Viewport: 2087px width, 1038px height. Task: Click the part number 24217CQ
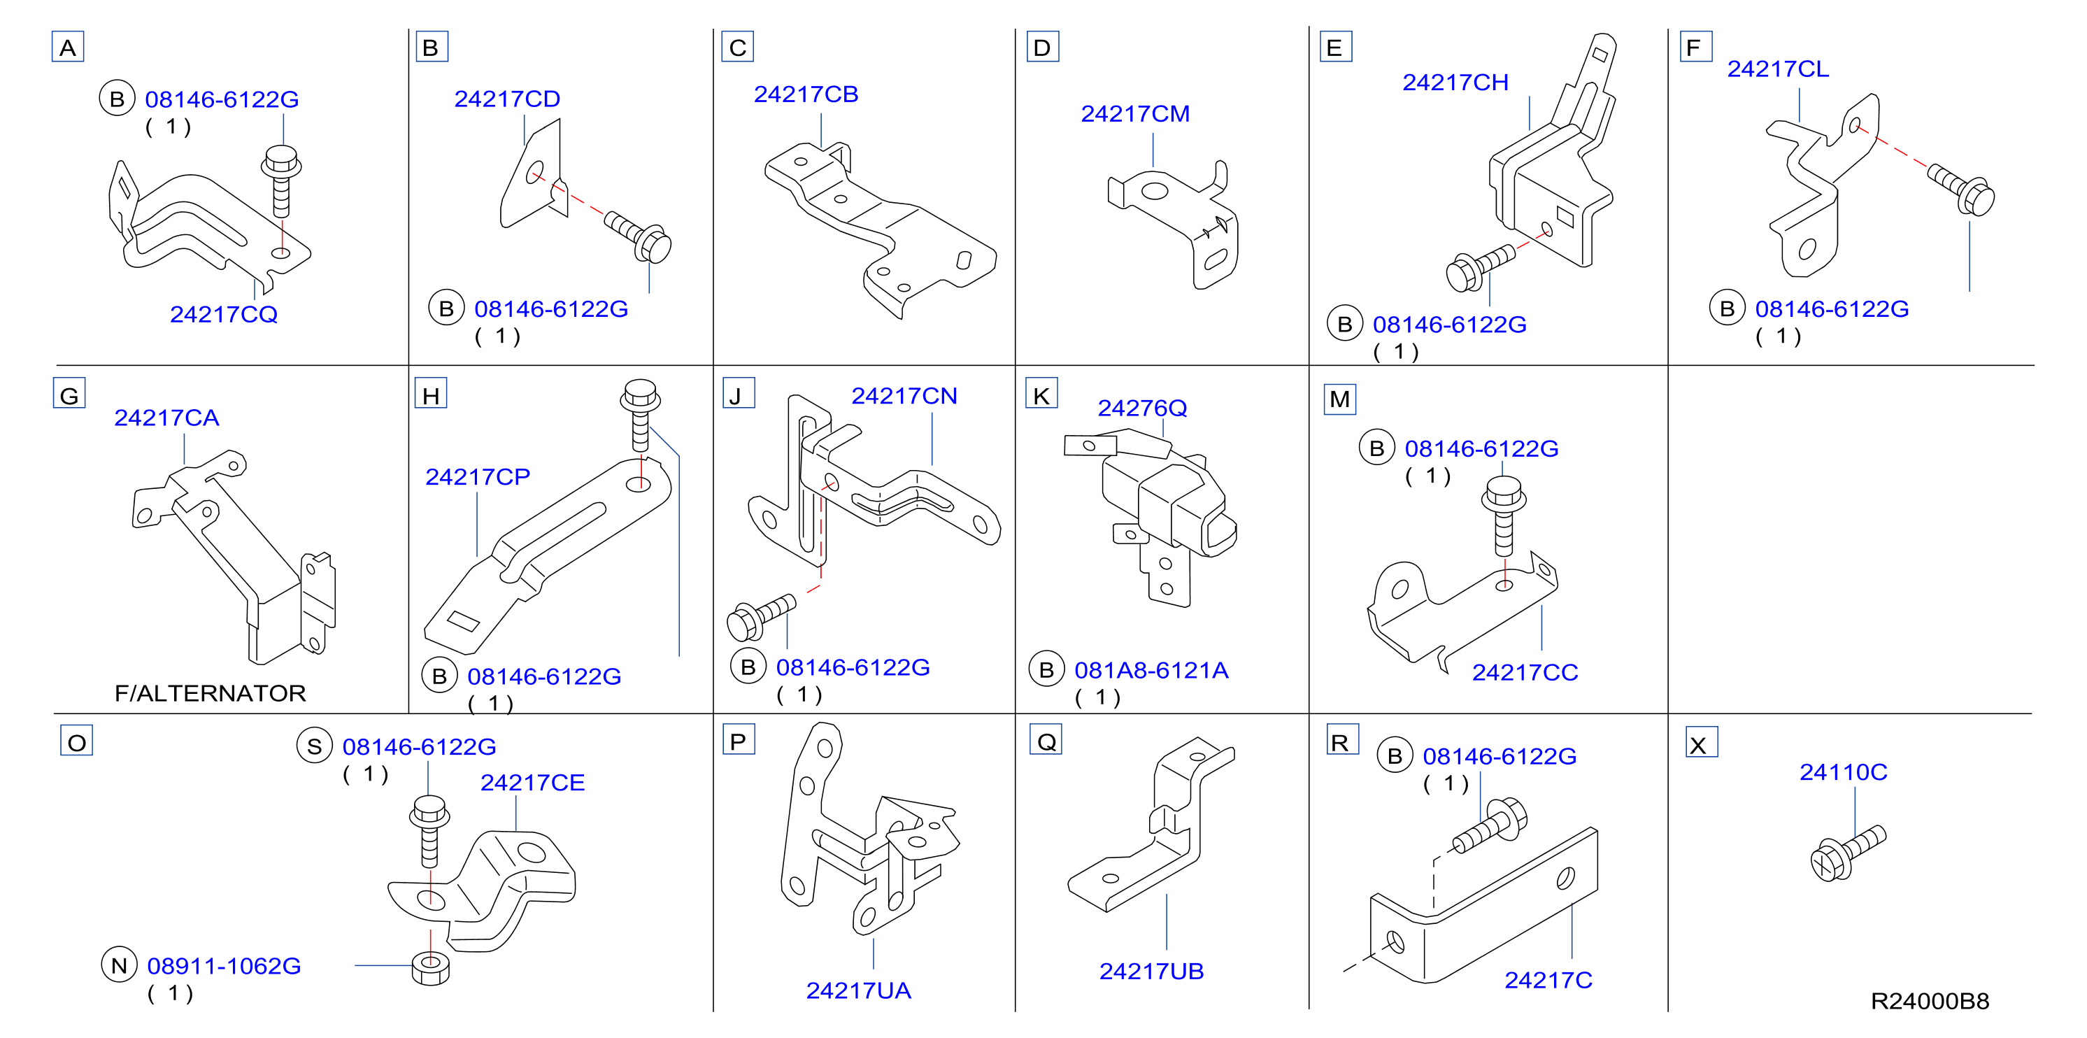point(224,314)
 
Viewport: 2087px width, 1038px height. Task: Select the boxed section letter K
point(1041,395)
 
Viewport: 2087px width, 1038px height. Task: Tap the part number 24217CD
point(507,99)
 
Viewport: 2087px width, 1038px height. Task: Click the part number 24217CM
point(1135,113)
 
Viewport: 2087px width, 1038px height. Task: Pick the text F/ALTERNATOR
point(211,694)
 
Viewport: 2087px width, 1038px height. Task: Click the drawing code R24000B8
point(1930,1002)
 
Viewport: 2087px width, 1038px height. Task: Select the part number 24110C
point(1843,772)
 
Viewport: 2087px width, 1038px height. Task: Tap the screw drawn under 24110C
point(1848,853)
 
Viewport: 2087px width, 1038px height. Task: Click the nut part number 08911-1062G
point(225,966)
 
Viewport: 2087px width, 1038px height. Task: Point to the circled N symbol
point(119,965)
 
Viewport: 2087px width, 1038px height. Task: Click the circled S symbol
point(314,746)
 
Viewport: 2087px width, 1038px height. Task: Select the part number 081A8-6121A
point(1151,670)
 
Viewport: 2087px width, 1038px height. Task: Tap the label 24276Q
point(1142,408)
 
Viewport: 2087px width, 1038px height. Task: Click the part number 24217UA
point(859,990)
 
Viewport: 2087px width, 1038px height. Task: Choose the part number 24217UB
point(1151,971)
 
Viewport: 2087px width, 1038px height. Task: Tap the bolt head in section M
point(1504,494)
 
